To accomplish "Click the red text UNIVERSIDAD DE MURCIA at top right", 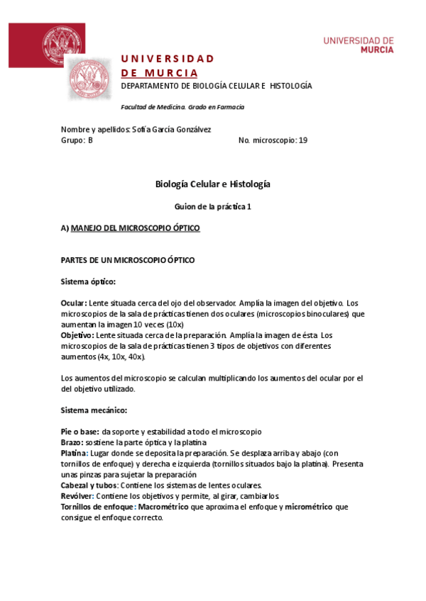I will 359,45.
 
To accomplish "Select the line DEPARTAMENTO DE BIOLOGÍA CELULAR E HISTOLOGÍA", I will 217,86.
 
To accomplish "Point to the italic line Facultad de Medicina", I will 182,107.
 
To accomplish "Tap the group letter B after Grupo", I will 90,140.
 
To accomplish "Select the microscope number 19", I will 303,140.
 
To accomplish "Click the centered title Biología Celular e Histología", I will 213,184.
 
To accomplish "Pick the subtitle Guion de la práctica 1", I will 213,206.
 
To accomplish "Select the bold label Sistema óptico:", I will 89,281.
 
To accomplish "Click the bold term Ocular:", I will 74,303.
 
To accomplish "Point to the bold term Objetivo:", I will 77,335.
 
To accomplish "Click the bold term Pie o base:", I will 80,431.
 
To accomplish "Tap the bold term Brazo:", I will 72,442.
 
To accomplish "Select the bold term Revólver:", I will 77,496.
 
